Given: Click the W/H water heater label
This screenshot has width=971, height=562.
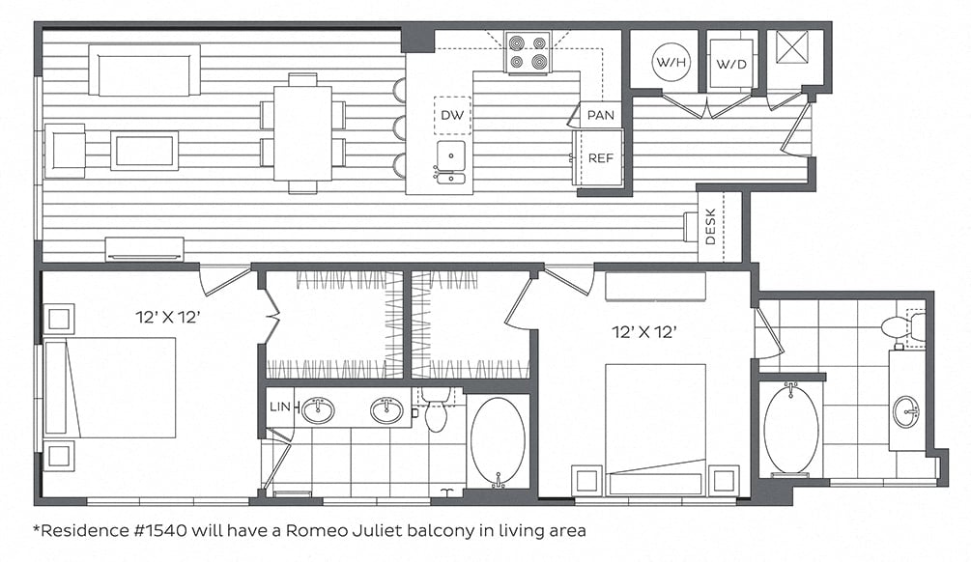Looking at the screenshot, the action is pyautogui.click(x=671, y=62).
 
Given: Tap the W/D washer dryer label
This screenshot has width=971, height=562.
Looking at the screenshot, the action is pyautogui.click(x=731, y=64).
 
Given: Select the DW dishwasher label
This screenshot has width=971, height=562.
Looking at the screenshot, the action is pyautogui.click(x=452, y=115).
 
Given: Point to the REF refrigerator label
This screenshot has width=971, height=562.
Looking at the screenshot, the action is pyautogui.click(x=600, y=157).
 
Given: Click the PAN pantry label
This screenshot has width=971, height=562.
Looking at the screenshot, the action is pyautogui.click(x=601, y=115).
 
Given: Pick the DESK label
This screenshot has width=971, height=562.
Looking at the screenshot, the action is pyautogui.click(x=710, y=226).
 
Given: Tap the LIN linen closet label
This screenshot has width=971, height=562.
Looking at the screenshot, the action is pyautogui.click(x=280, y=407).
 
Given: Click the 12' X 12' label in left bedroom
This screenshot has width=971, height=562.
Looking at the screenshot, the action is pyautogui.click(x=168, y=318).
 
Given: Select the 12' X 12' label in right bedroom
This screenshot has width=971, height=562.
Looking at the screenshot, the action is pyautogui.click(x=644, y=332).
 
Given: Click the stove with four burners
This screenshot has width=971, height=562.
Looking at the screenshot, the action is pyautogui.click(x=528, y=52).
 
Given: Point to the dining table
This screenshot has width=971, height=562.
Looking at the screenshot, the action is pyautogui.click(x=302, y=133).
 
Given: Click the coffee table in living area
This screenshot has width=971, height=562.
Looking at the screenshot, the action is pyautogui.click(x=144, y=151).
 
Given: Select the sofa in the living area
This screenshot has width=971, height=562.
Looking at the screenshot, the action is pyautogui.click(x=144, y=70).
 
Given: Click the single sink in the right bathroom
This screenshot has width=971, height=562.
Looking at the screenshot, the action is pyautogui.click(x=906, y=410).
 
